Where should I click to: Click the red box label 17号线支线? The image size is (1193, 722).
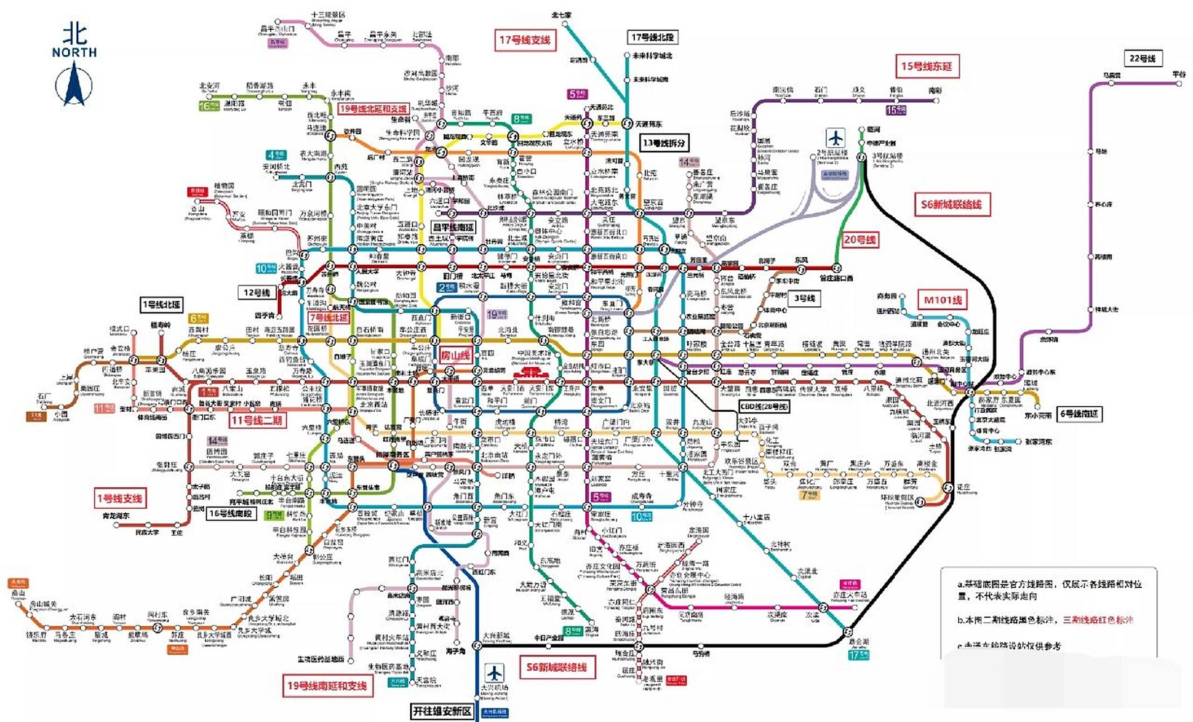click(x=524, y=40)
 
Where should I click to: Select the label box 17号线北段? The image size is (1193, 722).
click(x=652, y=37)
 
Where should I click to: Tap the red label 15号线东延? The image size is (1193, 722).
click(x=926, y=67)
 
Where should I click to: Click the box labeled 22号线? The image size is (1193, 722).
click(x=1142, y=58)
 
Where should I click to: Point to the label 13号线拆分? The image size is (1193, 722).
click(x=664, y=143)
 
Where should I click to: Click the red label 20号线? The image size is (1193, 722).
click(x=859, y=240)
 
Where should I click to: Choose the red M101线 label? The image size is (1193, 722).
click(x=942, y=300)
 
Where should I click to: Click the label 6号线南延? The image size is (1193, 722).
click(x=1078, y=414)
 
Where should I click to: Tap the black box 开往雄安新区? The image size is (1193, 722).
click(x=442, y=711)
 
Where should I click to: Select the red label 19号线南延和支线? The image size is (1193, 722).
click(x=327, y=685)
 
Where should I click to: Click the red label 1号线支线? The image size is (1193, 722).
click(x=120, y=498)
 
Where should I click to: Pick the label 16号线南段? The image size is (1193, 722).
click(x=231, y=513)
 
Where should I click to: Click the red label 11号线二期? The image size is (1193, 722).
click(x=257, y=420)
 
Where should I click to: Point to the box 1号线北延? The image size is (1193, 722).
click(x=161, y=305)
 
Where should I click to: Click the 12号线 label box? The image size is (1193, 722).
click(x=257, y=292)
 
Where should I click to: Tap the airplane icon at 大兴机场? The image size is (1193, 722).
click(x=494, y=673)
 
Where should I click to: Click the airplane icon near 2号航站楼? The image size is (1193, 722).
click(x=835, y=138)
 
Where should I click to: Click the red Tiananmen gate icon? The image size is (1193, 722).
click(x=529, y=373)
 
